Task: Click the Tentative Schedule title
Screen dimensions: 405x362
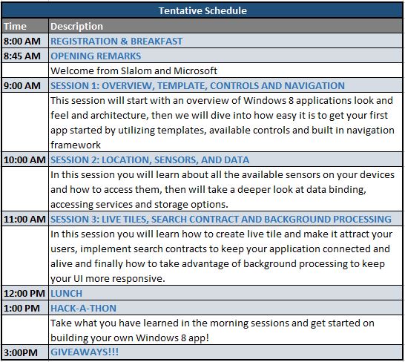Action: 202,10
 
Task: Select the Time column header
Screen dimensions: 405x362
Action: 15,26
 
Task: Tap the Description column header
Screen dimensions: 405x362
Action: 76,27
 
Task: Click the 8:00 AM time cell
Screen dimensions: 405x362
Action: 22,41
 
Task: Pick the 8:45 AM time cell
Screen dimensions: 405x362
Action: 22,56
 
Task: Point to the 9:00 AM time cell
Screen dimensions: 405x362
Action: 22,85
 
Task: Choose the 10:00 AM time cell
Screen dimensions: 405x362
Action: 24,159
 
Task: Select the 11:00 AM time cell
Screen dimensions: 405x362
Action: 24,219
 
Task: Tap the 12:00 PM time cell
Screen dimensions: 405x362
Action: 24,293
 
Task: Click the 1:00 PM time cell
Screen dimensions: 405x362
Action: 22,309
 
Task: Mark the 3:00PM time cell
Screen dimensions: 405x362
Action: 21,352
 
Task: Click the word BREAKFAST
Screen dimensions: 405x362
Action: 157,41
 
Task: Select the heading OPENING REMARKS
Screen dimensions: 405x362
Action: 96,56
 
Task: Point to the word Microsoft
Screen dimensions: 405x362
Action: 195,70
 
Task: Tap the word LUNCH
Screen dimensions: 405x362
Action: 66,293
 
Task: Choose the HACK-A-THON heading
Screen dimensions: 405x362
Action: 83,309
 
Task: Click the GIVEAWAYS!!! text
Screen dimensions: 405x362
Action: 85,352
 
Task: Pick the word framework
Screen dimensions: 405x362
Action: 76,145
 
